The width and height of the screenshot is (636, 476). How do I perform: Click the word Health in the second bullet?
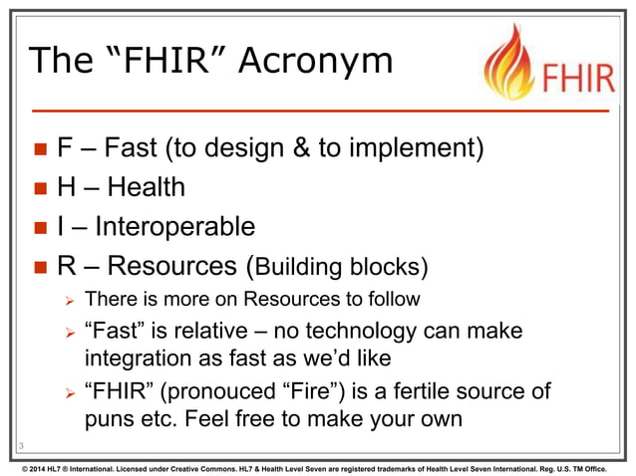pyautogui.click(x=148, y=188)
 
